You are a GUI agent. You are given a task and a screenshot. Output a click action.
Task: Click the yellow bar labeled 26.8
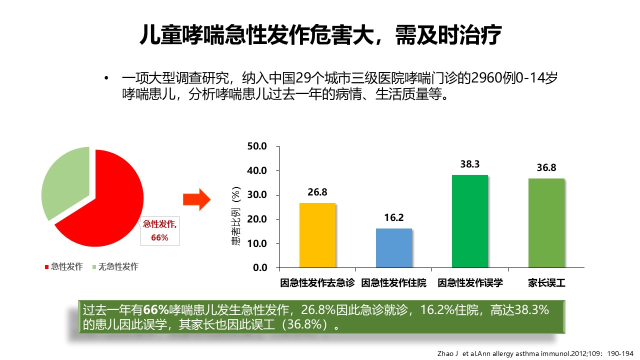click(x=317, y=235)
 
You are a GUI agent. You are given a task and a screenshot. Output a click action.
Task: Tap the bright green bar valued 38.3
click(x=469, y=221)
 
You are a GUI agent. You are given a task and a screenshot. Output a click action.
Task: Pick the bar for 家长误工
click(x=546, y=222)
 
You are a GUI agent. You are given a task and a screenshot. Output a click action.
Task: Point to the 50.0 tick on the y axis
click(x=257, y=146)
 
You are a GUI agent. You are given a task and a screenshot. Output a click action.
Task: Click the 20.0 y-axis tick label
click(x=257, y=219)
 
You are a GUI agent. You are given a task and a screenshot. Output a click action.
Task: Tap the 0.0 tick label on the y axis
click(x=260, y=268)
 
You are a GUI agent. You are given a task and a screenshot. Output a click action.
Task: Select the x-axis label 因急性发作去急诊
click(x=317, y=283)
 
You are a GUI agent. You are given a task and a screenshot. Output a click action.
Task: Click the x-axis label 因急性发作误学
click(x=470, y=283)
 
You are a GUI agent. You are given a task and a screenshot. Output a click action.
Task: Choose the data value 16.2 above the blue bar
click(x=394, y=217)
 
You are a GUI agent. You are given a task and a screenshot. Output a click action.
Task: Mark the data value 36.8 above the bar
click(x=546, y=168)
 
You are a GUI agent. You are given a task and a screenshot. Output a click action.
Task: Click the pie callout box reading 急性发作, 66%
click(x=159, y=231)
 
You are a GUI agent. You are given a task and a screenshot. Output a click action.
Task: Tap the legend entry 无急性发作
click(x=118, y=266)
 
